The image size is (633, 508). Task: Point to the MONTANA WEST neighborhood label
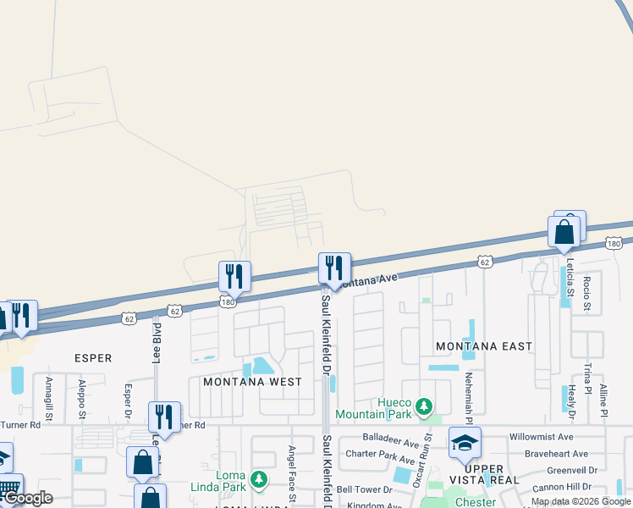(252, 382)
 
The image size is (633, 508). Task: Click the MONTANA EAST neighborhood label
(484, 346)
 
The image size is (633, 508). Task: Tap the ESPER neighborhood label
(93, 358)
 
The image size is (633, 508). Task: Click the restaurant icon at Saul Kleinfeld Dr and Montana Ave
(334, 268)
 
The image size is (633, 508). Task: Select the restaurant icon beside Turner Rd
(164, 417)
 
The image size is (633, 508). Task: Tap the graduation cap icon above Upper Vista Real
(465, 443)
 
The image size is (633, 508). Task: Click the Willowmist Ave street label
(541, 437)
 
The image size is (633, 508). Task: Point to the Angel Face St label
(292, 474)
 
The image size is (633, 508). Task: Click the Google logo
(29, 498)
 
